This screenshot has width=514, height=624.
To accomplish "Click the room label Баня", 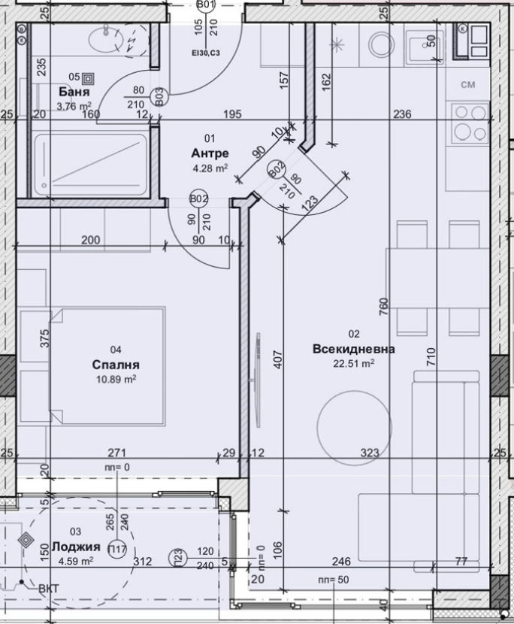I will click(x=74, y=92).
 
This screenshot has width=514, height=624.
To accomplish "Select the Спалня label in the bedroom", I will click(x=116, y=365).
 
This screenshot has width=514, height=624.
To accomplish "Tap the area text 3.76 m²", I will click(x=74, y=106).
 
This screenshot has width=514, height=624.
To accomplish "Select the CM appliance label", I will click(x=468, y=85).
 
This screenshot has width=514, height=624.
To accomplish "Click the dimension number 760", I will click(x=384, y=306).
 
